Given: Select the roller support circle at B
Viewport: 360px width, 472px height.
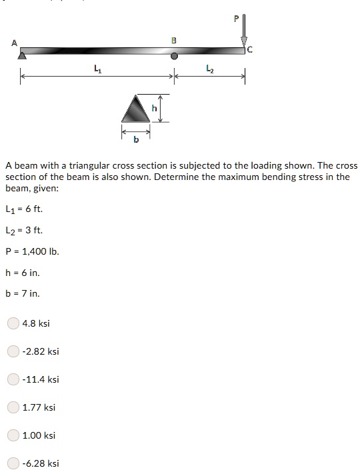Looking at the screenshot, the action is [x=175, y=57].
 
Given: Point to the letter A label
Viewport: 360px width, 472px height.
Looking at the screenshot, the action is [x=14, y=43].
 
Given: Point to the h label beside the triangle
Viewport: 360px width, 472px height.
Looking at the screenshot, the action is [x=155, y=108].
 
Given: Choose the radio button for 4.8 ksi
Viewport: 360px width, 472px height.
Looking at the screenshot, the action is [x=13, y=323].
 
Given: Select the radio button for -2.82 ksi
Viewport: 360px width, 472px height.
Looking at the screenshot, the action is [x=13, y=351].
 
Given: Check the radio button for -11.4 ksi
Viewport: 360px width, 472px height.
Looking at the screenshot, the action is [x=13, y=379].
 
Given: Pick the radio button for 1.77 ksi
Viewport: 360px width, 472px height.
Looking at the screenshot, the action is [x=13, y=407].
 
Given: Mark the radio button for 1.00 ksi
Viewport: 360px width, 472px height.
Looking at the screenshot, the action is [x=13, y=435].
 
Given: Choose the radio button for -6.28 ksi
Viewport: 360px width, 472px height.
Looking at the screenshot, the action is [x=13, y=463].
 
